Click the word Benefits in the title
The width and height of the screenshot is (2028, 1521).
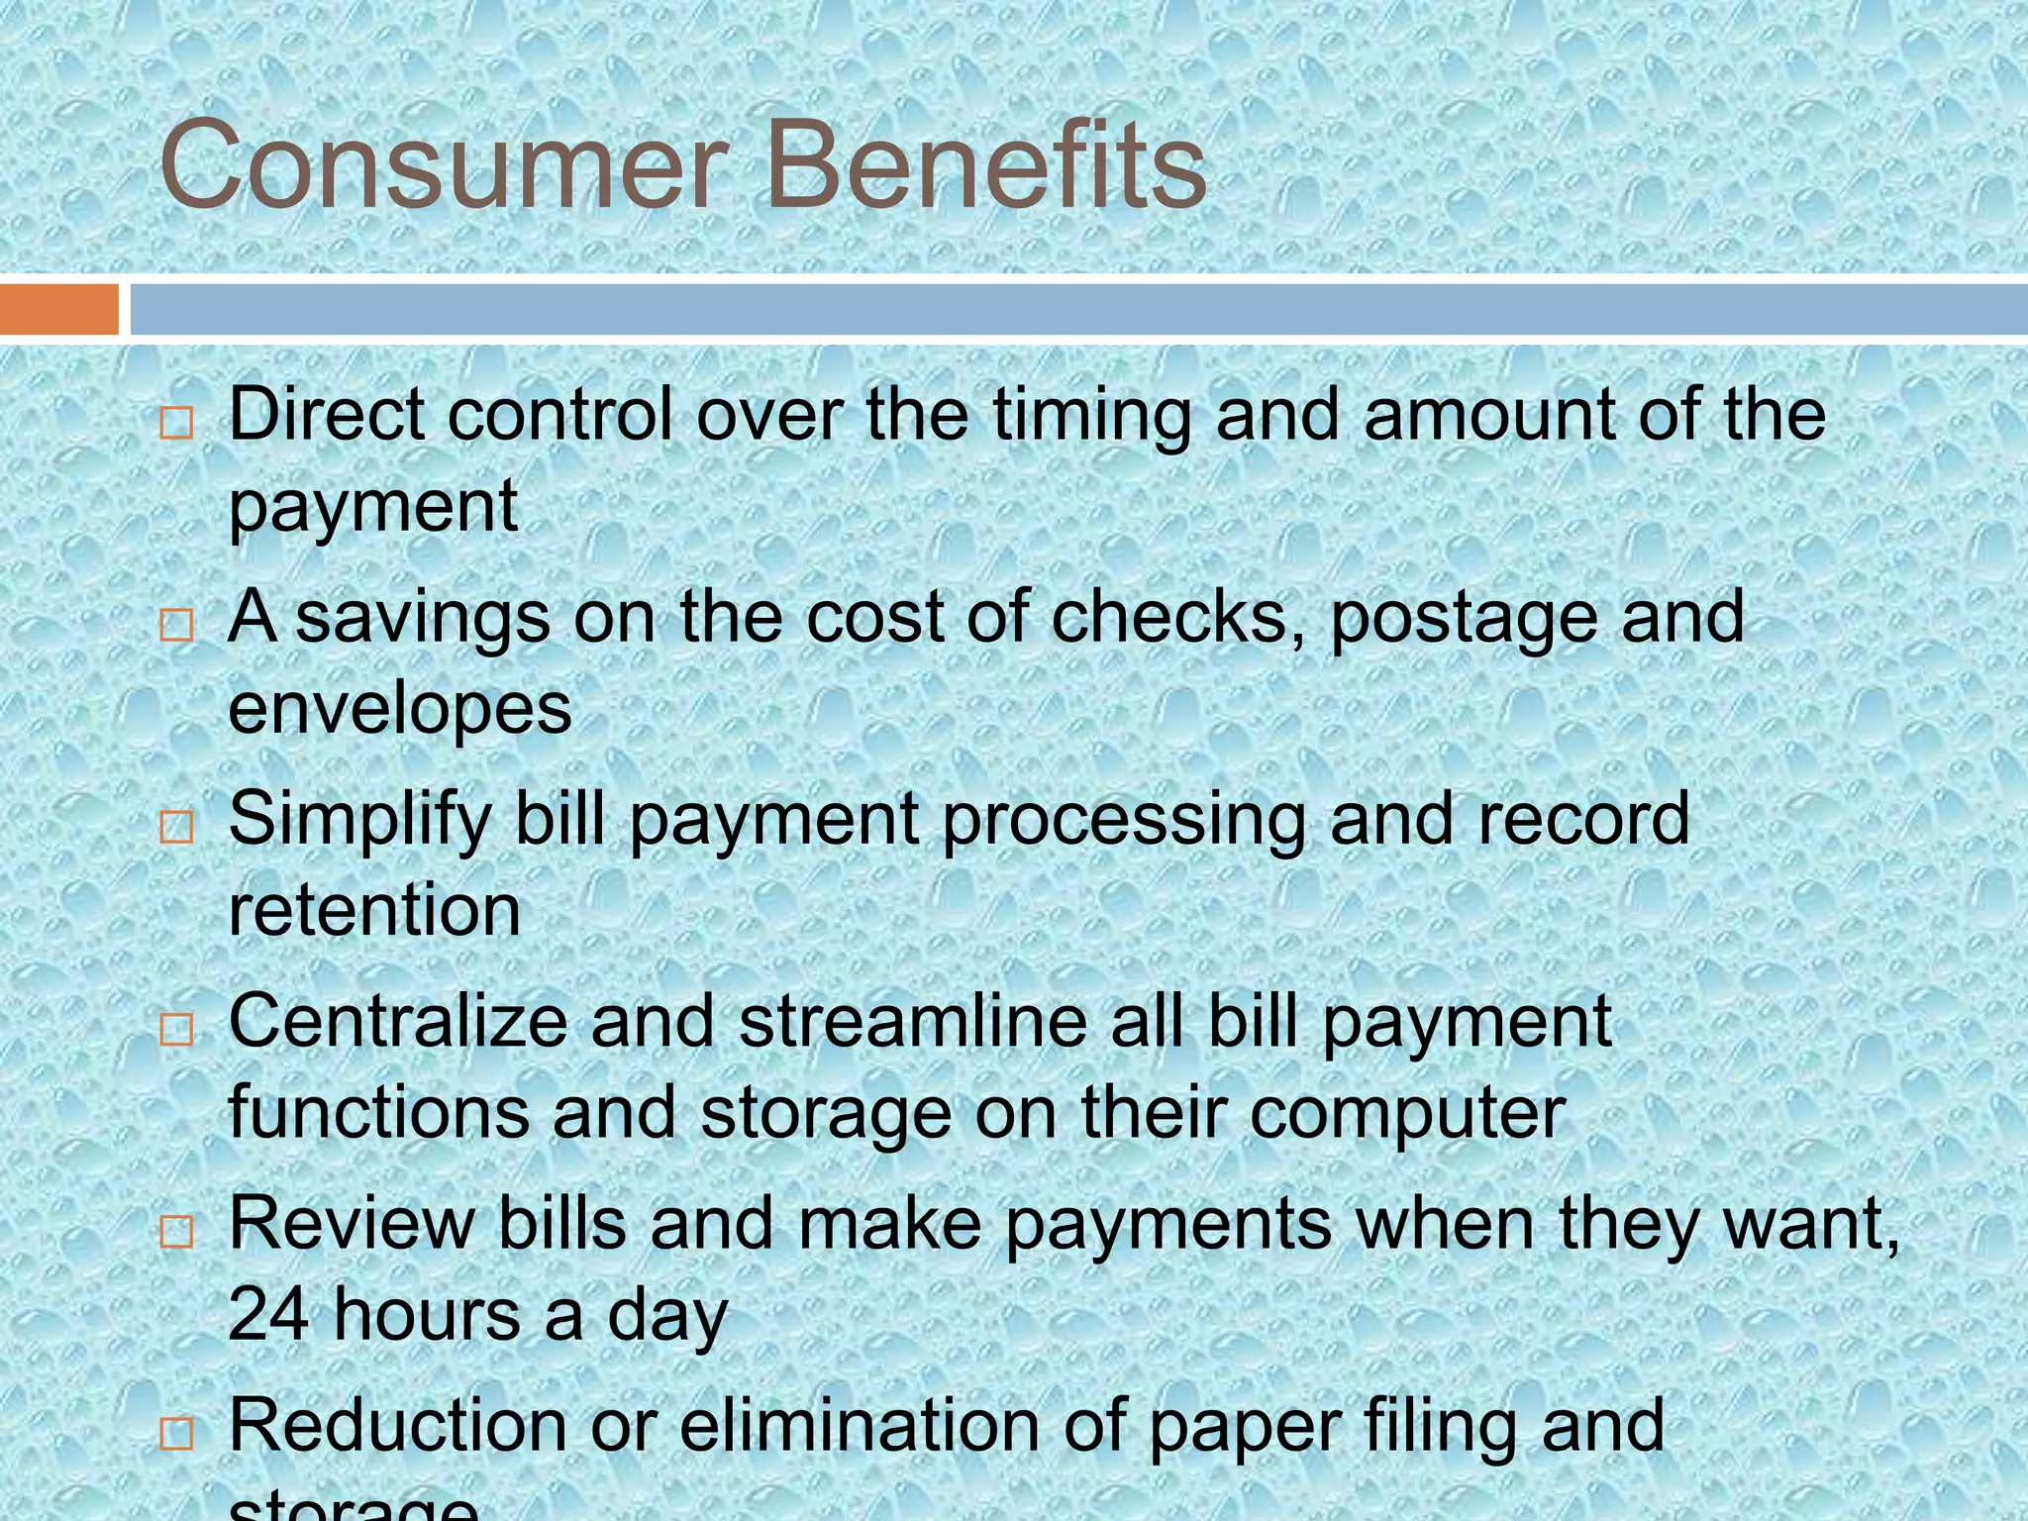(x=985, y=166)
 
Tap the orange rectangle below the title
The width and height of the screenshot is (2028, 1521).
(x=58, y=309)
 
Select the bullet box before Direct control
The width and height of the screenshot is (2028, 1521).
(x=176, y=424)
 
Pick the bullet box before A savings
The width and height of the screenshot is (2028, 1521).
(x=176, y=626)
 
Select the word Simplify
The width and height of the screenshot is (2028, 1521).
(x=360, y=820)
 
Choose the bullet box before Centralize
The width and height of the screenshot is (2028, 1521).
(x=176, y=1030)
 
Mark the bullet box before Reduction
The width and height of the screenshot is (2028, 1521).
(x=176, y=1433)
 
